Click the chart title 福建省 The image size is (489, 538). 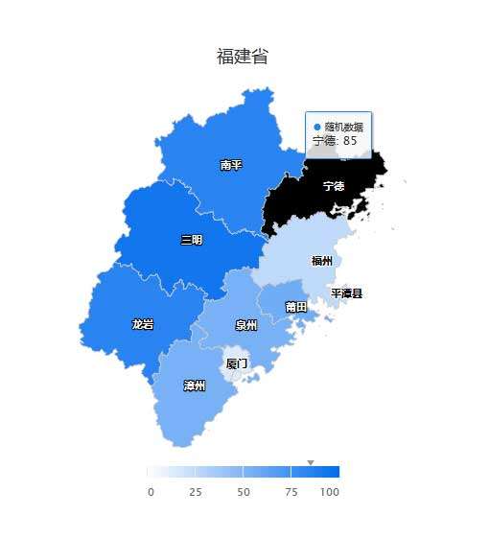[243, 57]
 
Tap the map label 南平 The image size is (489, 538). [231, 165]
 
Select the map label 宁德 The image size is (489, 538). [334, 185]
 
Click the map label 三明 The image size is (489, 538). [192, 240]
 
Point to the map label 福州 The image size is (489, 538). [322, 260]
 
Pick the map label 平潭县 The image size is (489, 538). [347, 293]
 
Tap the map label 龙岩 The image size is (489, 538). [143, 324]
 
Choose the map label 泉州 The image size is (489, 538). [246, 325]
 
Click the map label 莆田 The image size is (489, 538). [296, 307]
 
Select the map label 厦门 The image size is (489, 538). [236, 363]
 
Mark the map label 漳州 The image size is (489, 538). [195, 386]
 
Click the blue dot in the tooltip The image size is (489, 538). [317, 127]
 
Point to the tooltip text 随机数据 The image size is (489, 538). [344, 127]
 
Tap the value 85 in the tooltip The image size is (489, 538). [350, 141]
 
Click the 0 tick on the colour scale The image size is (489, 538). [151, 492]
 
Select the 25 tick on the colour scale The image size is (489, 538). [196, 492]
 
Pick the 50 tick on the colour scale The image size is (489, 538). [244, 492]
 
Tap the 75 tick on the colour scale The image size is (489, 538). [291, 492]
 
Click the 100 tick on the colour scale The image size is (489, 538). [330, 492]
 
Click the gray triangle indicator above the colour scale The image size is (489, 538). [310, 462]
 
